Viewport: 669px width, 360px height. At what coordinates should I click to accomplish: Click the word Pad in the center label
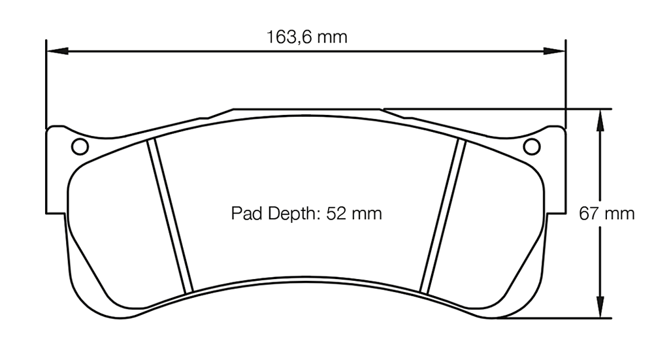tap(245, 214)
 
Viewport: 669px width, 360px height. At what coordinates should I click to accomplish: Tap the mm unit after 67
tap(620, 214)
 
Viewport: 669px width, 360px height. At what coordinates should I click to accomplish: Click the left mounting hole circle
tap(79, 147)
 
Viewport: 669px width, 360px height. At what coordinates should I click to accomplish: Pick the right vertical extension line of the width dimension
tap(565, 85)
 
